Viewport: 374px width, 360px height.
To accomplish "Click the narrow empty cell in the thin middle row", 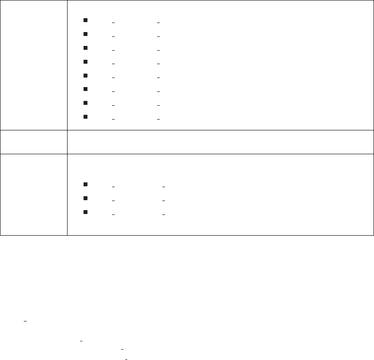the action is coord(34,142).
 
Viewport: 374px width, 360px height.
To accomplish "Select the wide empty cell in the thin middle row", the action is coord(220,142).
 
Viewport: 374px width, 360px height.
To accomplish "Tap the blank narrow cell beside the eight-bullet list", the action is coord(34,65).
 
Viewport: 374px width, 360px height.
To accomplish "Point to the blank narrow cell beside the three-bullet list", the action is coord(34,195).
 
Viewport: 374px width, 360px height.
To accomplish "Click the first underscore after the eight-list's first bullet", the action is coord(113,22).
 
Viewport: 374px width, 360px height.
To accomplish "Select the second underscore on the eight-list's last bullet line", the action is coord(159,119).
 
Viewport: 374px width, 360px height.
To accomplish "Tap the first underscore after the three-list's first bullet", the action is coord(113,187).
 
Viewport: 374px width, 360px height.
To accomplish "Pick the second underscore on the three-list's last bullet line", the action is coord(164,214).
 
